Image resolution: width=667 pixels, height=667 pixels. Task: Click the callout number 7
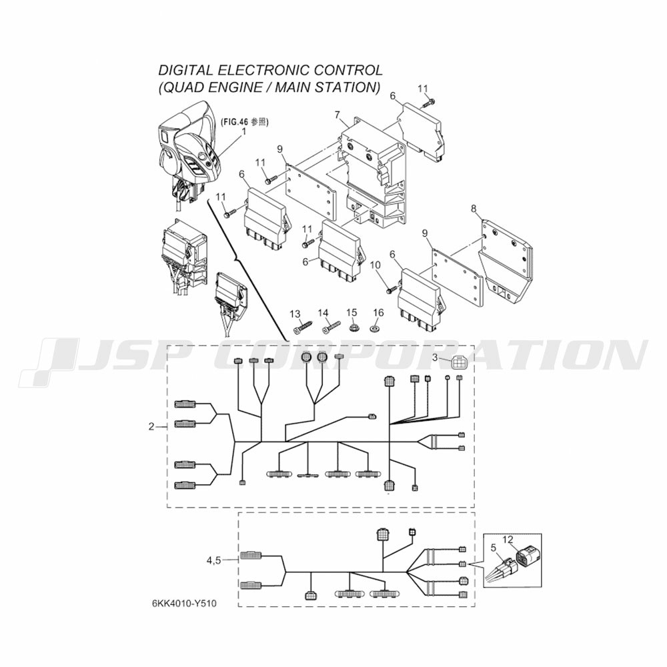(338, 115)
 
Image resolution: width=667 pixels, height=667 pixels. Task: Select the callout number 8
(474, 208)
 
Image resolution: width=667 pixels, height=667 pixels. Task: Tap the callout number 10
(375, 265)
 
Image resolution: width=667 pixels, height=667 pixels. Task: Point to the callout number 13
(295, 314)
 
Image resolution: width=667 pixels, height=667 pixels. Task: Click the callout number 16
(378, 313)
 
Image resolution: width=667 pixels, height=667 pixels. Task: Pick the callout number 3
(435, 358)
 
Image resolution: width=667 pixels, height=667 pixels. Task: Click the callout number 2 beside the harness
(151, 426)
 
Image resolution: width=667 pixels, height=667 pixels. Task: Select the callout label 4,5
(214, 560)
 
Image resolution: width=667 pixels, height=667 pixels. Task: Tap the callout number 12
(508, 540)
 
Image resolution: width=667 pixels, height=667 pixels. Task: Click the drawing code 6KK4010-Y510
(184, 604)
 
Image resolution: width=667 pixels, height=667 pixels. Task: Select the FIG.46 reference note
(244, 121)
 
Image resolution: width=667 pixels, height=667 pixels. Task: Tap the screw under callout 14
(331, 327)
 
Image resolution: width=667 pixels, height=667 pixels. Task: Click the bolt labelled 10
(392, 289)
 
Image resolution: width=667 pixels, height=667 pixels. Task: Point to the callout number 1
(243, 131)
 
